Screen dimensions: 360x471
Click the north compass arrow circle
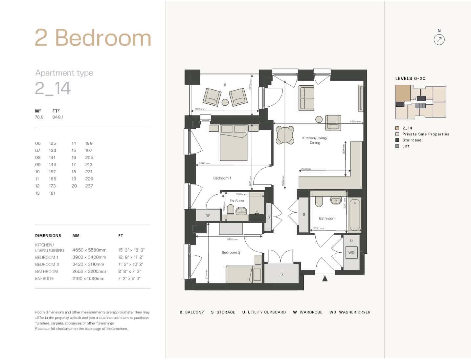point(439,40)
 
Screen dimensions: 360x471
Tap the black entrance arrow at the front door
point(325,278)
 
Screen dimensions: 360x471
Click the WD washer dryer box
point(351,252)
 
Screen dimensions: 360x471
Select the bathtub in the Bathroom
point(355,215)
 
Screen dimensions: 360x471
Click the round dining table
point(285,135)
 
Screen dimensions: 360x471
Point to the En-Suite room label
point(236,201)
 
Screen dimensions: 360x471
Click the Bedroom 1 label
point(222,178)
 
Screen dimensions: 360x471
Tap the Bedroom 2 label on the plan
point(231,252)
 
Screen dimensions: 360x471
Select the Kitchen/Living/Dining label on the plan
point(315,140)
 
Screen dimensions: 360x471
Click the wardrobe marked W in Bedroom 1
point(208,215)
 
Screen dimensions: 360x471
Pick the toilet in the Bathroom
point(319,202)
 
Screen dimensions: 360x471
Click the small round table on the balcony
point(225,102)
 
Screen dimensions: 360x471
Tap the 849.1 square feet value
point(58,117)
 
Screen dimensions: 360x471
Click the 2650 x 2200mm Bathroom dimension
point(89,271)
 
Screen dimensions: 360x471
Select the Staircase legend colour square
point(397,140)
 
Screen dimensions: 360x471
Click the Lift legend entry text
point(406,146)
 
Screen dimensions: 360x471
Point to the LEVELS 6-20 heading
point(410,78)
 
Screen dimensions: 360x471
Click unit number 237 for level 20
point(89,186)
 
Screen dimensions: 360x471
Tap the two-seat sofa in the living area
point(306,98)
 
